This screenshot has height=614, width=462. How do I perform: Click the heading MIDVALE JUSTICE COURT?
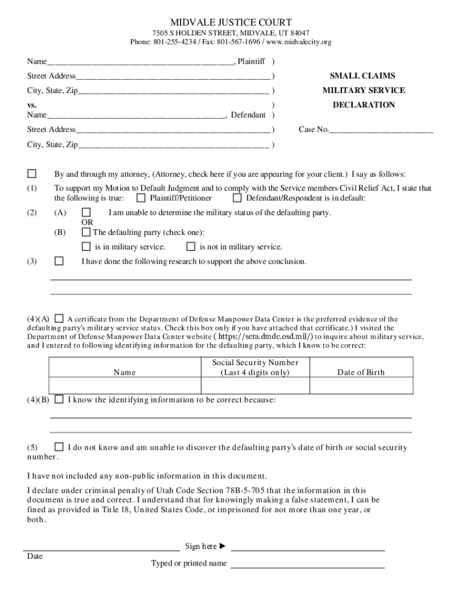(231, 22)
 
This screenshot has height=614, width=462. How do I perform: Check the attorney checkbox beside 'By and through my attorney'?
(32, 174)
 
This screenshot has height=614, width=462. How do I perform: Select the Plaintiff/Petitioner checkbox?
(141, 198)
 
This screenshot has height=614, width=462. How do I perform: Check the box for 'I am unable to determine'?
(86, 212)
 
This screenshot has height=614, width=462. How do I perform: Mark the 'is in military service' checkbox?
(86, 246)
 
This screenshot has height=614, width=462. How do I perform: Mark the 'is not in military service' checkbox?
(191, 246)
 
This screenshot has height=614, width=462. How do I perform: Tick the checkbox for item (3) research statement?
(59, 261)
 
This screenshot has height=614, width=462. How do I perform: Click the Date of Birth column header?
(361, 372)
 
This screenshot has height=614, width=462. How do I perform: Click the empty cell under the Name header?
(125, 386)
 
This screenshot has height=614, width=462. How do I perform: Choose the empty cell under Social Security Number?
(255, 386)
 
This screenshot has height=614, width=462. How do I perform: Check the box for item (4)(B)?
(59, 399)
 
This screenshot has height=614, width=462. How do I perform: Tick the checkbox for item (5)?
(59, 447)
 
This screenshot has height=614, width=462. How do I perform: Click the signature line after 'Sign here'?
(307, 549)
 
